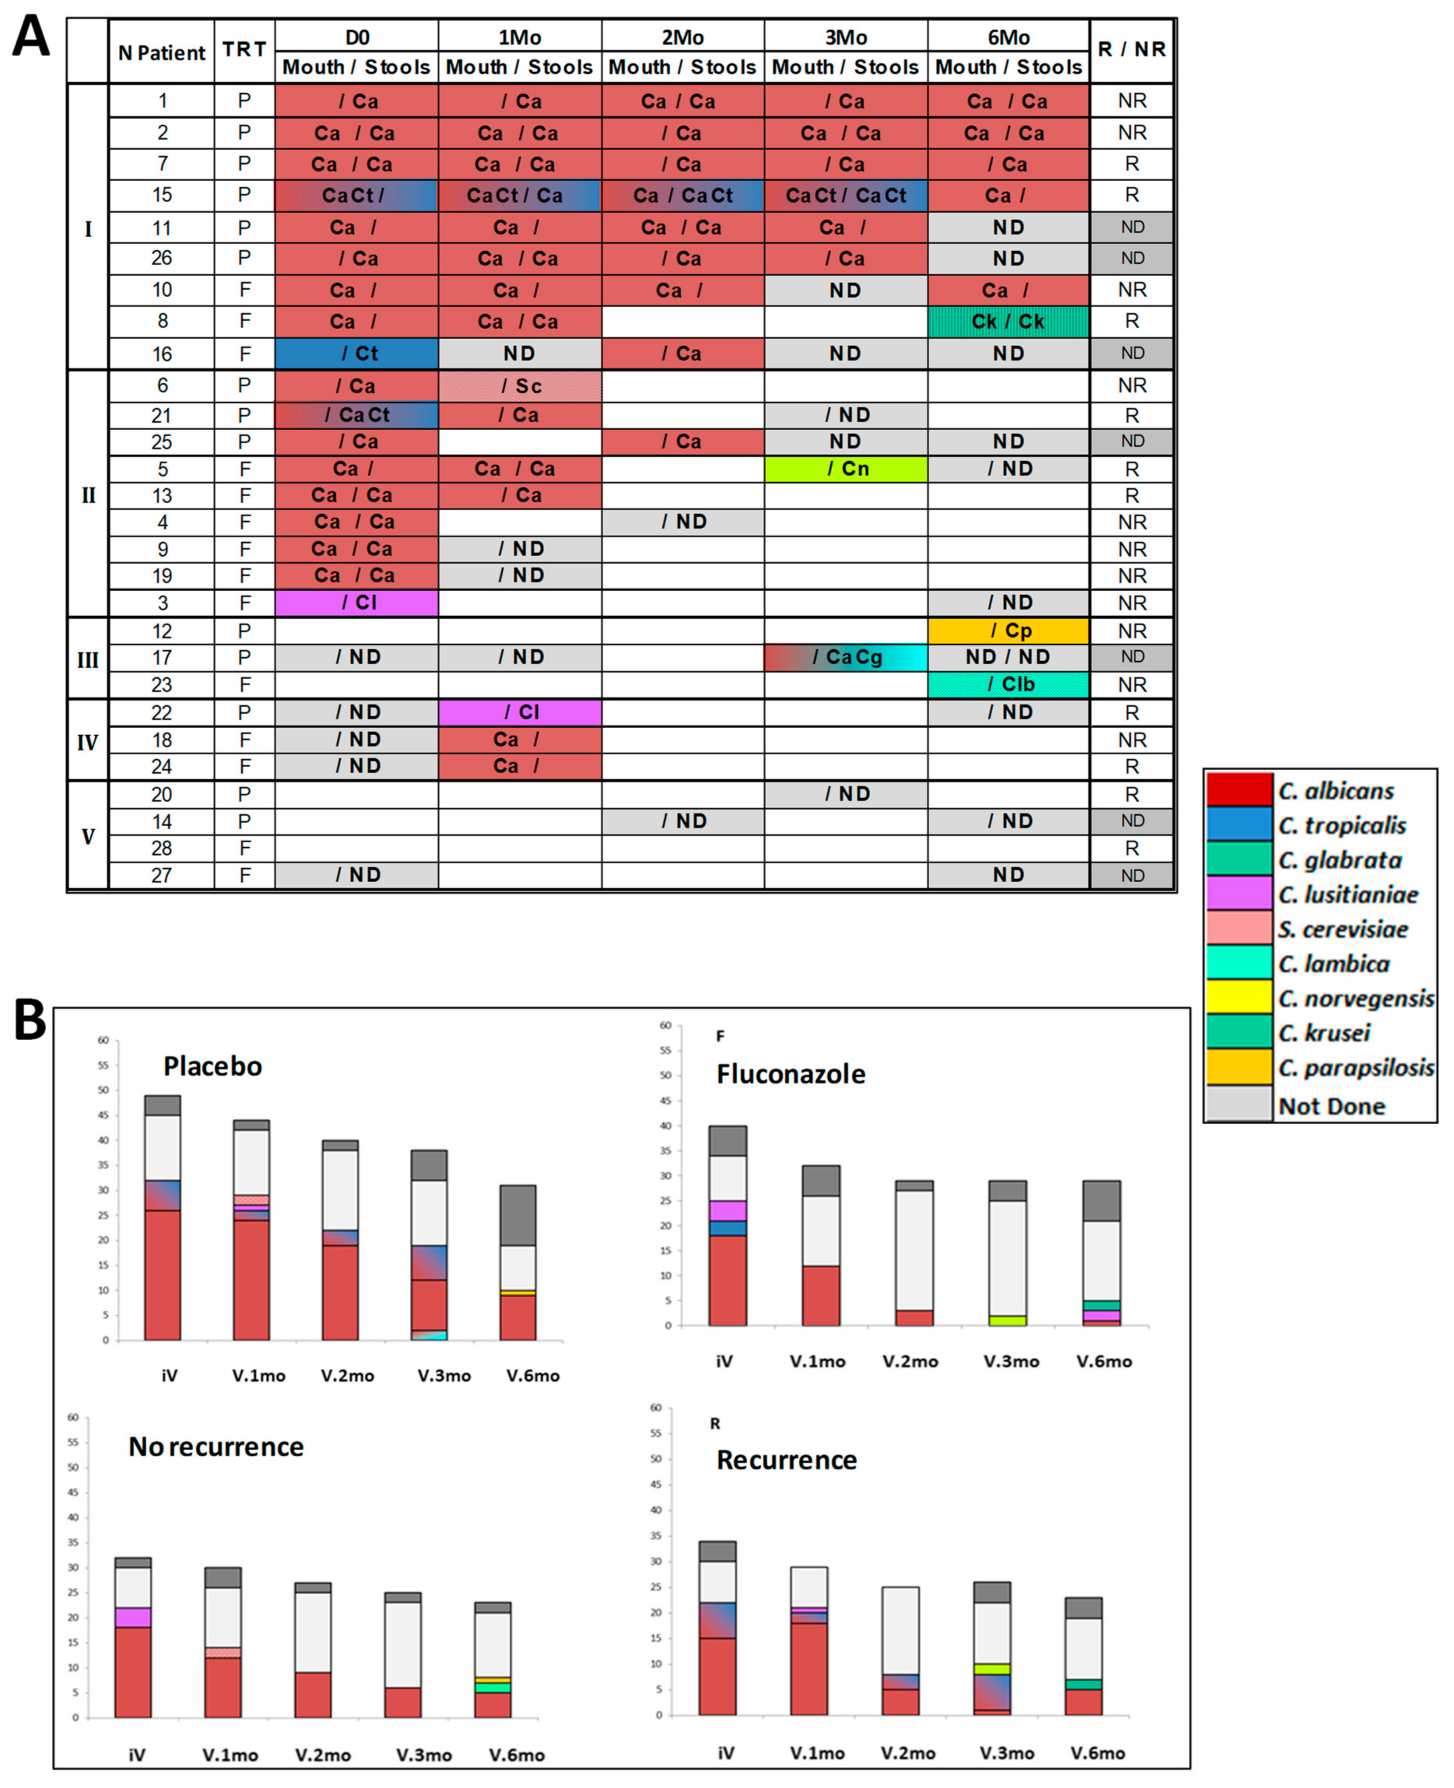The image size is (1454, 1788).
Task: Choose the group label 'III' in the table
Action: [x=88, y=660]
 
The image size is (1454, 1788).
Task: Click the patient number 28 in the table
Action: [x=161, y=848]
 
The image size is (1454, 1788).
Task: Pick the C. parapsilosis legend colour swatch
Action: [x=1239, y=1067]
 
